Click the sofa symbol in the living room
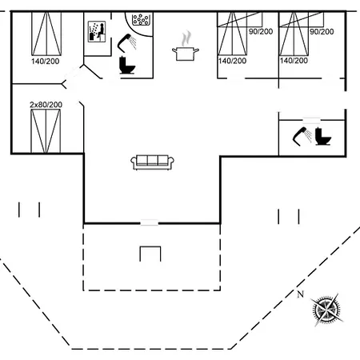[x=152, y=162]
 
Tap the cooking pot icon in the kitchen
[x=186, y=54]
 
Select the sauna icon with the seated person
[x=97, y=32]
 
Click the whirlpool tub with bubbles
[x=141, y=20]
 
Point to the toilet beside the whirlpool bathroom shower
[x=126, y=66]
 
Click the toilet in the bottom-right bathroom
[x=322, y=137]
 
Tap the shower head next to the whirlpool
[x=126, y=42]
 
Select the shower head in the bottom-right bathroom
[x=302, y=136]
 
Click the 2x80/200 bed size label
[x=46, y=105]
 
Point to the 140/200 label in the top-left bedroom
[x=45, y=62]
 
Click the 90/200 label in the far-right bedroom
[x=322, y=32]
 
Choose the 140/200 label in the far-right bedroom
[x=294, y=61]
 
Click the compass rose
[x=326, y=310]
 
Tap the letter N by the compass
[x=301, y=294]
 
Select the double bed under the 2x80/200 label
[x=46, y=131]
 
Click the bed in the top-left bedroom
[x=46, y=34]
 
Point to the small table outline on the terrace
[x=150, y=254]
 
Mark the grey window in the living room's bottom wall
[x=150, y=222]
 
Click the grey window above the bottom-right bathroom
[x=312, y=120]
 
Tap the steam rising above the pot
[x=186, y=38]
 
